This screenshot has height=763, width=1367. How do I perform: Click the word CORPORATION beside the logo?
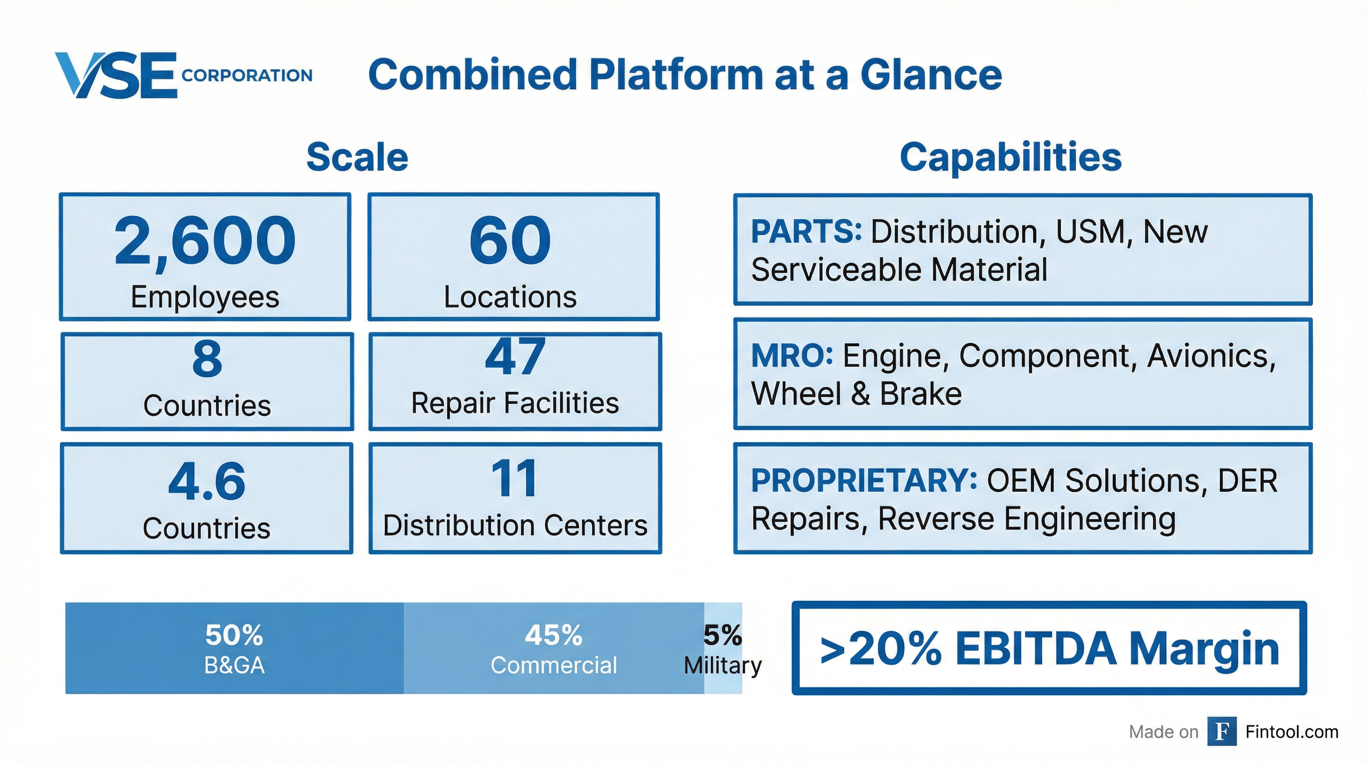tap(247, 76)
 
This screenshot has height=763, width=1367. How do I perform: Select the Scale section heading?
tap(357, 157)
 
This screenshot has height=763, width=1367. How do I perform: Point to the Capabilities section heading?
tap(1010, 157)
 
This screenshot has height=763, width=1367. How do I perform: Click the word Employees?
tap(205, 297)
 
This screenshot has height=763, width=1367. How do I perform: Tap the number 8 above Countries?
tap(207, 359)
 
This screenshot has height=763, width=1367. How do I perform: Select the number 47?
tap(515, 357)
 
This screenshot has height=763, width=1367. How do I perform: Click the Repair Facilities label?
tap(515, 403)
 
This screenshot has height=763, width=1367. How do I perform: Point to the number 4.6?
tap(207, 481)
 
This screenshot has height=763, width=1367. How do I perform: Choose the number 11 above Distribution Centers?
tap(514, 478)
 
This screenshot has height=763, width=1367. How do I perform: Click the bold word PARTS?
tap(806, 232)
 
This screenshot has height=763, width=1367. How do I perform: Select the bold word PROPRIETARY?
tap(863, 480)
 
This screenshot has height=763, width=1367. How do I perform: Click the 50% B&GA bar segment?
tap(234, 648)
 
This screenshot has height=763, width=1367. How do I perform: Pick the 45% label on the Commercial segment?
tap(553, 635)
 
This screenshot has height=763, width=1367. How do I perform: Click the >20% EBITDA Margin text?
tap(1049, 648)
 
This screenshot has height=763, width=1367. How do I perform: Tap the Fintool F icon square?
tap(1221, 731)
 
